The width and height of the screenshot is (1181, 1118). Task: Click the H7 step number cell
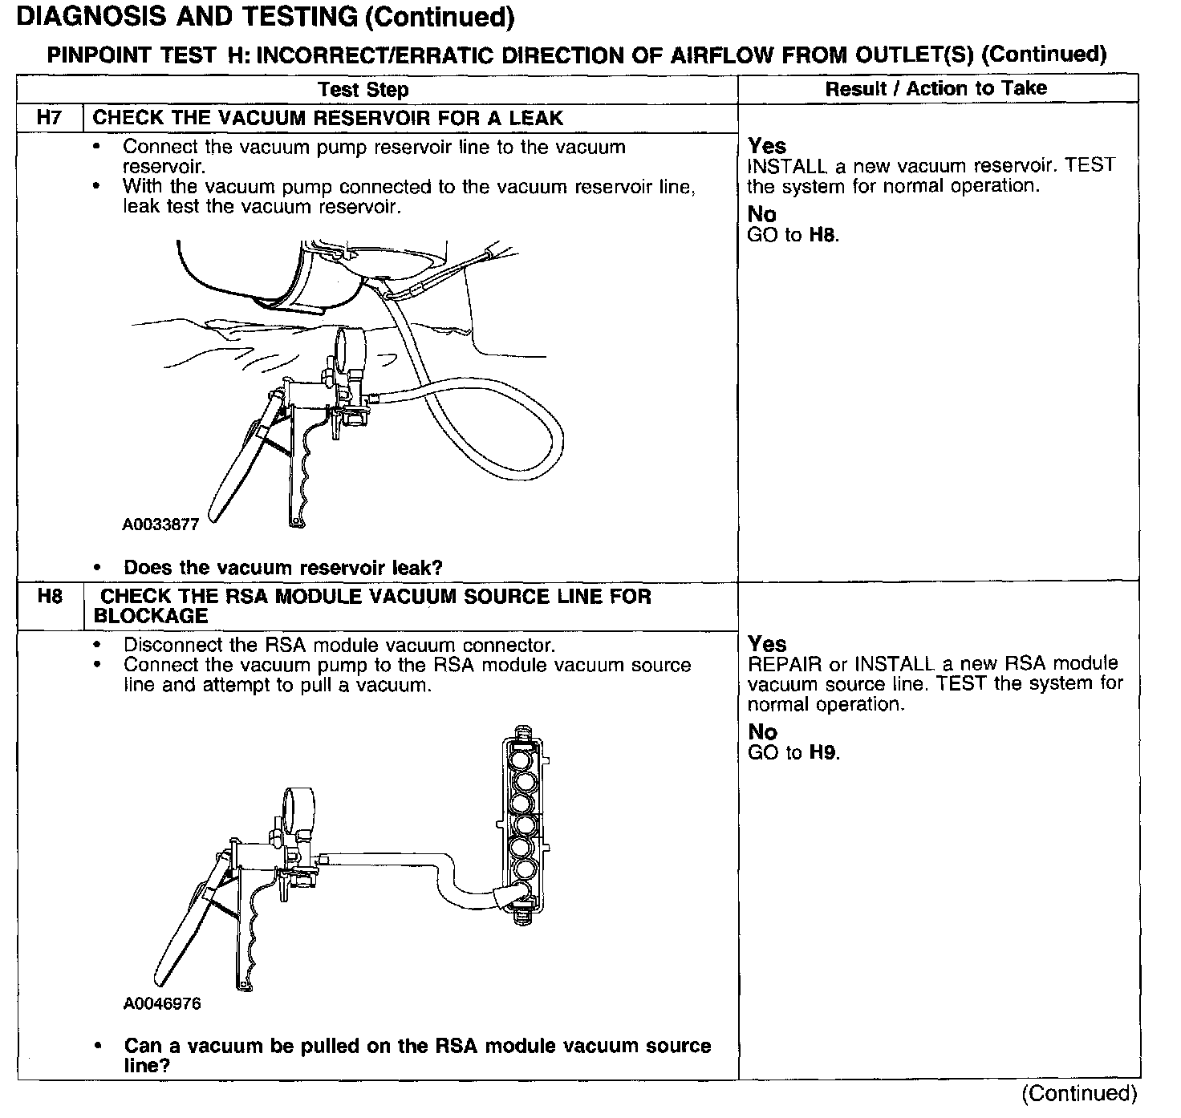(50, 118)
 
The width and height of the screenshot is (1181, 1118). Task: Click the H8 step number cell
(50, 597)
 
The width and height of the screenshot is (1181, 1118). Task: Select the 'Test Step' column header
(363, 89)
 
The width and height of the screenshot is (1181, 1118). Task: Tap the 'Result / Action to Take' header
(936, 88)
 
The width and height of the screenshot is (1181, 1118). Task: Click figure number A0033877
(160, 525)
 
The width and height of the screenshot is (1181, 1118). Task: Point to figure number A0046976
(162, 1003)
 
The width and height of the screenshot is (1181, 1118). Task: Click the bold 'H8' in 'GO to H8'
(823, 235)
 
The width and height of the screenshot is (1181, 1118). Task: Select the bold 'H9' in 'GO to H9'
(823, 752)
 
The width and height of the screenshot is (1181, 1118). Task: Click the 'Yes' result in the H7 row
(767, 146)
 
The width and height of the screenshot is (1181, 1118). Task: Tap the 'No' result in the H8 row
(762, 731)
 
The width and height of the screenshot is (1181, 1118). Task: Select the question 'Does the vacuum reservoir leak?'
(282, 568)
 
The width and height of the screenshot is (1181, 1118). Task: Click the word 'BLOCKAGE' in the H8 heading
(151, 616)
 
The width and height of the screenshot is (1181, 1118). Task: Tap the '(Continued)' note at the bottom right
(1079, 1093)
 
